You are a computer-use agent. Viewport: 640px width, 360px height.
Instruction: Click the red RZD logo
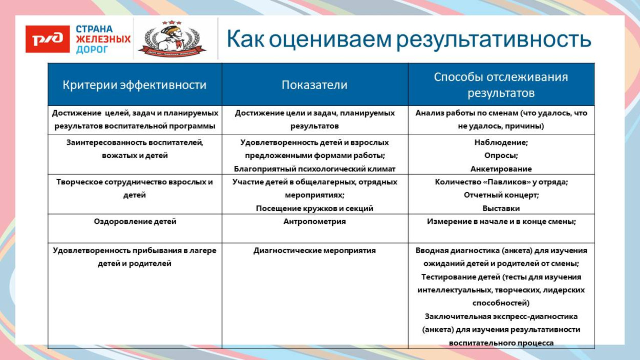coord(48,39)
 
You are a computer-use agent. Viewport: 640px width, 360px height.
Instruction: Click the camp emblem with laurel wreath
coord(172,40)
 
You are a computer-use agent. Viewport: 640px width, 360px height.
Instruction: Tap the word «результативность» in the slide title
coord(494,39)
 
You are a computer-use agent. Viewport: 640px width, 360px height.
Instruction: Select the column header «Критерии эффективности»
coord(135,85)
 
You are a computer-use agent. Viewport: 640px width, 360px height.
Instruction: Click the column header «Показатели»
coord(314,85)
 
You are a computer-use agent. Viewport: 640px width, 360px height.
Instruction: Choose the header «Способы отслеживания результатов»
coord(501,85)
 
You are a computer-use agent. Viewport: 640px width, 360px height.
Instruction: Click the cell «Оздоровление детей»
coord(135,222)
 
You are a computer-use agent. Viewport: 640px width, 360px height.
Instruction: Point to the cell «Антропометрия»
coord(314,222)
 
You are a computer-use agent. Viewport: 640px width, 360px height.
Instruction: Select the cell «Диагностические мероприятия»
coord(314,250)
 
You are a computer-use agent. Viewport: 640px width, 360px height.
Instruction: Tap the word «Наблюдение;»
coord(501,142)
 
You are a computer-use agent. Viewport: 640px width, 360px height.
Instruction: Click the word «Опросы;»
coord(501,156)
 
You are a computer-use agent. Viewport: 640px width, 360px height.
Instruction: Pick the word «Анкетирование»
coord(501,169)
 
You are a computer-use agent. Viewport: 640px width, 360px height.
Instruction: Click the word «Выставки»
coord(501,208)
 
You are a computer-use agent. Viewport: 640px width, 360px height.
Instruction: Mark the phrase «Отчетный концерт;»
coord(501,195)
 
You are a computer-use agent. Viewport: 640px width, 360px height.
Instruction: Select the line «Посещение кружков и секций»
coord(314,208)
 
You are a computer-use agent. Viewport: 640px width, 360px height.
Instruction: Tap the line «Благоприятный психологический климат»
coord(314,169)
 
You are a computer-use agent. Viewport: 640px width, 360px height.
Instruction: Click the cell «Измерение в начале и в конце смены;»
coord(501,222)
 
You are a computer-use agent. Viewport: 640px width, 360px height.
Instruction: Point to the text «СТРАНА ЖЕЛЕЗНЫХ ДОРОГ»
coord(103,39)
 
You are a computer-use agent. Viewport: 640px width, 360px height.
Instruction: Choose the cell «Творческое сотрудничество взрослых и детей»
coord(135,188)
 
